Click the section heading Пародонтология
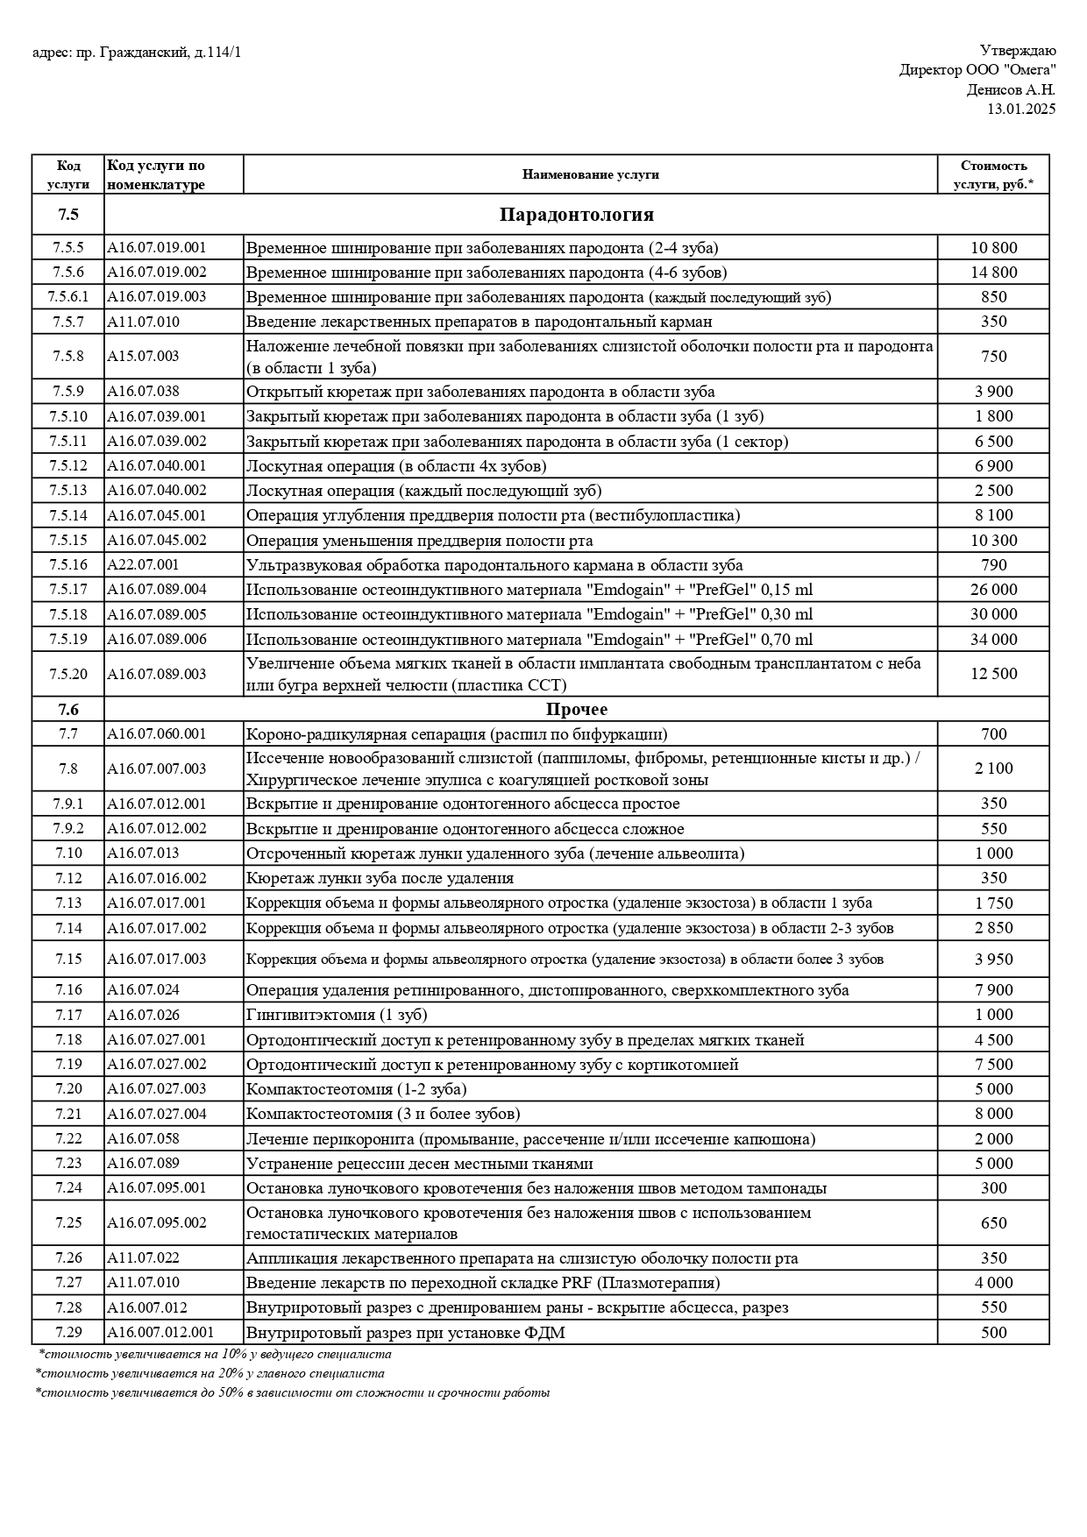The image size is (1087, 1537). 576,215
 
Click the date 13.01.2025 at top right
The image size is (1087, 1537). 1021,109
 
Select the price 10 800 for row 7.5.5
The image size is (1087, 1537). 993,248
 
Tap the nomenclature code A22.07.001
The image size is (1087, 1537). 143,565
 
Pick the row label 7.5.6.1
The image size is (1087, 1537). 67,297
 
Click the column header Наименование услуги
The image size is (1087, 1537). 590,174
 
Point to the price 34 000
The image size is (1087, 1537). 993,640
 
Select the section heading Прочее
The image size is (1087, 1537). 576,709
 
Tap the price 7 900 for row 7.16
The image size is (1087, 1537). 993,990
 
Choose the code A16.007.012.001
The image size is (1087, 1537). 160,1333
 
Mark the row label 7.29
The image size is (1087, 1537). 67,1333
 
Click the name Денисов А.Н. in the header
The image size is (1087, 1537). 1011,89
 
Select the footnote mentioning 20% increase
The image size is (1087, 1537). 210,1373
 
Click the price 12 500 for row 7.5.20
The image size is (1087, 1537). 993,674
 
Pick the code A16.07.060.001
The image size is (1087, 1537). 157,734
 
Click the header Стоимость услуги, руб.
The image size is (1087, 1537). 993,174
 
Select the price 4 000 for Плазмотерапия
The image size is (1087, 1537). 993,1283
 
